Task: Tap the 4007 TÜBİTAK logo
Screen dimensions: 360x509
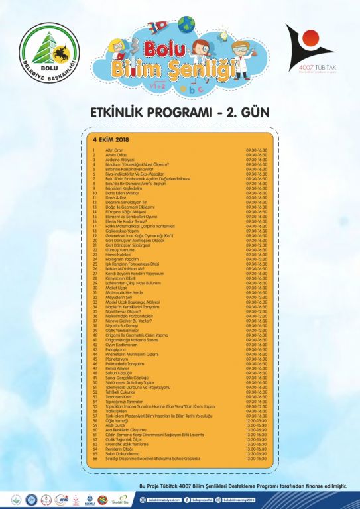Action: coord(310,53)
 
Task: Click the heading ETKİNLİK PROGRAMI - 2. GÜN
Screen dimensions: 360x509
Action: coord(180,112)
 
